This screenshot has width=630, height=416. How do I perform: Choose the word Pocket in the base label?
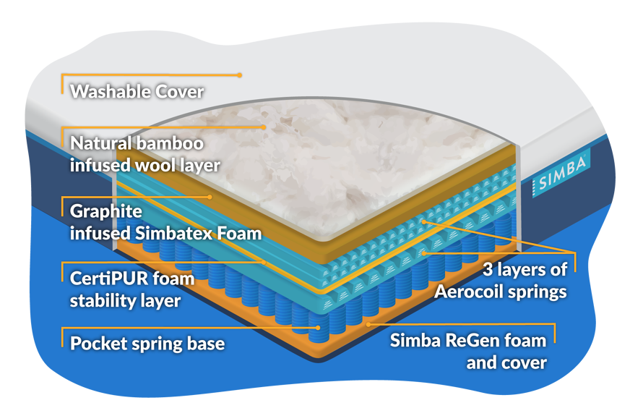[x=98, y=342]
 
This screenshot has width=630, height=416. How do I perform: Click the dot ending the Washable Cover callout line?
[x=239, y=75]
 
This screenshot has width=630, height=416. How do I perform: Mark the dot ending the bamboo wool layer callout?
[x=265, y=127]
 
